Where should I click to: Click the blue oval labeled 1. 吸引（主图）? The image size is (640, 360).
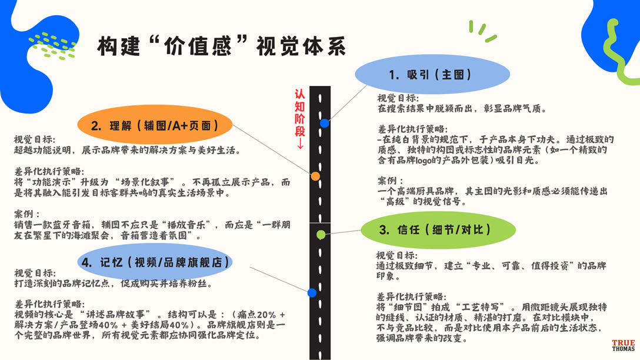(x=431, y=75)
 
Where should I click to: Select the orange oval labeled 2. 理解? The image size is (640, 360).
(x=155, y=125)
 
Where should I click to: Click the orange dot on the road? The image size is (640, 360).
(x=315, y=176)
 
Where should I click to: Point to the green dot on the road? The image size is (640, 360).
(x=321, y=235)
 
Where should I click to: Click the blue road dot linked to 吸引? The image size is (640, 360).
(x=325, y=123)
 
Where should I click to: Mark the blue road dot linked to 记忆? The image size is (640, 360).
(x=312, y=292)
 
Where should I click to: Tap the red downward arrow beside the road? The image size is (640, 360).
(x=300, y=143)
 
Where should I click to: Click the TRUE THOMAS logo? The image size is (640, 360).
(x=624, y=346)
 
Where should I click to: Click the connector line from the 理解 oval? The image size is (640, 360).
(x=274, y=152)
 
